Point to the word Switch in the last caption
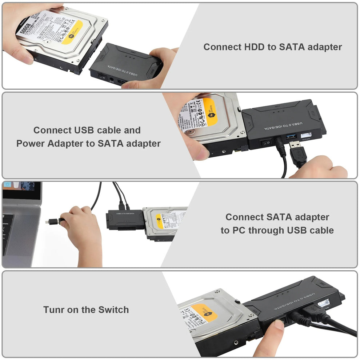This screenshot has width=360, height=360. coord(113,310)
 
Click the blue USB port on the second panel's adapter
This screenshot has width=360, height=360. coord(291,136)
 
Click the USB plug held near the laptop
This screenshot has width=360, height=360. coord(55,220)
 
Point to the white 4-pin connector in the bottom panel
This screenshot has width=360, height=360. coord(324,303)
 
